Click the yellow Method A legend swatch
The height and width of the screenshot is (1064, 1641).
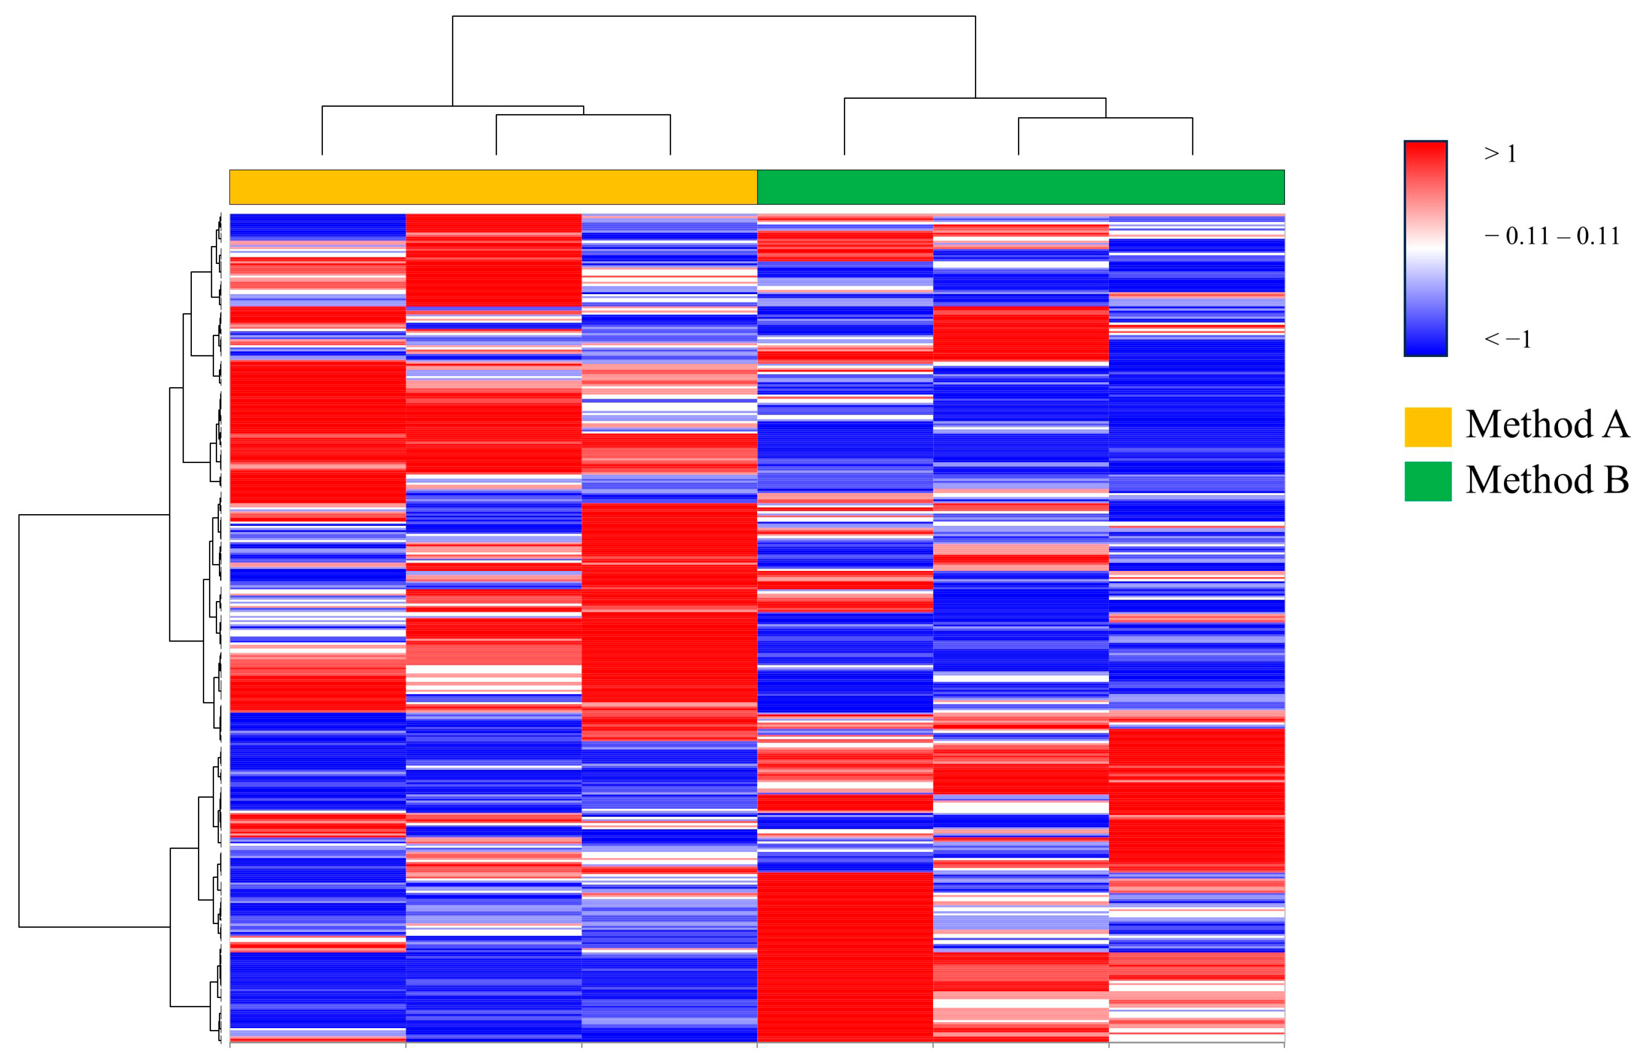click(1427, 427)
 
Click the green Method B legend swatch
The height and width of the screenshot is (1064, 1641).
click(1427, 481)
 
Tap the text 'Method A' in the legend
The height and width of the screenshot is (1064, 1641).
click(1546, 424)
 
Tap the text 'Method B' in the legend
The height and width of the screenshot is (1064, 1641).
click(1546, 479)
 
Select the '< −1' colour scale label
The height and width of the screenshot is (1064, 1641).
click(1507, 339)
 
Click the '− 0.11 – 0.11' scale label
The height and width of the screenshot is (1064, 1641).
click(1551, 236)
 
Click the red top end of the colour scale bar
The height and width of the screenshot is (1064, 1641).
click(1425, 152)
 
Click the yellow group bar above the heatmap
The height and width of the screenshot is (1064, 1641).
click(493, 187)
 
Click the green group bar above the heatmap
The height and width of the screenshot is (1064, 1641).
click(1021, 187)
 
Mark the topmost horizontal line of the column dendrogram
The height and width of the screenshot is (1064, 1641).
click(714, 16)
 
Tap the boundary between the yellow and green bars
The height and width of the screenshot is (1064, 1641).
click(757, 187)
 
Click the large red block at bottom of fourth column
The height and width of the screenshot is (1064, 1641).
click(845, 959)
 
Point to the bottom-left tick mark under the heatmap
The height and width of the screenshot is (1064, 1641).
click(230, 1046)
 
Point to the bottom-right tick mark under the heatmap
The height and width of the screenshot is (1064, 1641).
click(1284, 1046)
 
